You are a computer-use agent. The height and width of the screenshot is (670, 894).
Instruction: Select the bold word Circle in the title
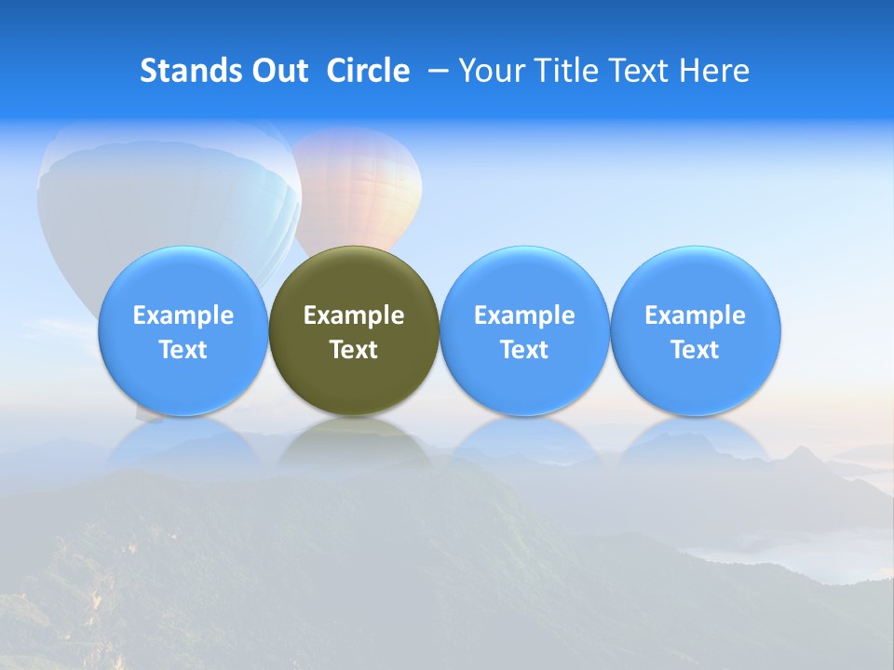(x=368, y=71)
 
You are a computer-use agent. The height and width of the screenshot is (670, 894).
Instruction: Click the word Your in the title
(x=489, y=71)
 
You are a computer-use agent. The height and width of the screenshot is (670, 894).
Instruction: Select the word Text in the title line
(x=638, y=71)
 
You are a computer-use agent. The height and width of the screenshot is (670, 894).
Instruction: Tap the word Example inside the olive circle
(x=354, y=315)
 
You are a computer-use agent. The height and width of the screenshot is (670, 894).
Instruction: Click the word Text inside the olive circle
(x=354, y=350)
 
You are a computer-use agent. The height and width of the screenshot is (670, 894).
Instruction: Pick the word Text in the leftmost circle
(x=183, y=350)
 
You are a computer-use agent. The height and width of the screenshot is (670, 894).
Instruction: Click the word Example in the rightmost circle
(x=695, y=315)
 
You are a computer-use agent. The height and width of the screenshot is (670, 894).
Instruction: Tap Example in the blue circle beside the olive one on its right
(x=524, y=315)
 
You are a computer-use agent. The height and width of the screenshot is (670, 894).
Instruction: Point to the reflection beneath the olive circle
(x=354, y=442)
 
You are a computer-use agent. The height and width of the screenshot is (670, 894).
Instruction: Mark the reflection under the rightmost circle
(x=695, y=442)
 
